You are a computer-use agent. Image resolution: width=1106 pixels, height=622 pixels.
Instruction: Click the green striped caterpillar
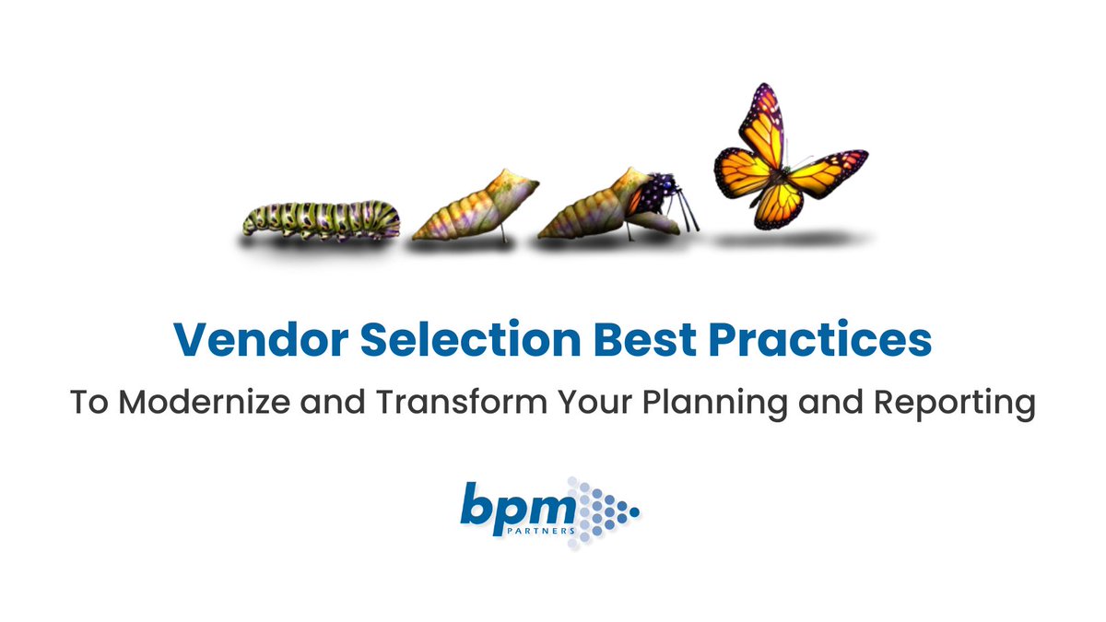(322, 219)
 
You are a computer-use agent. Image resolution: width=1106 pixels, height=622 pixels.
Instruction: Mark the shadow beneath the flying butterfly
(793, 240)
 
